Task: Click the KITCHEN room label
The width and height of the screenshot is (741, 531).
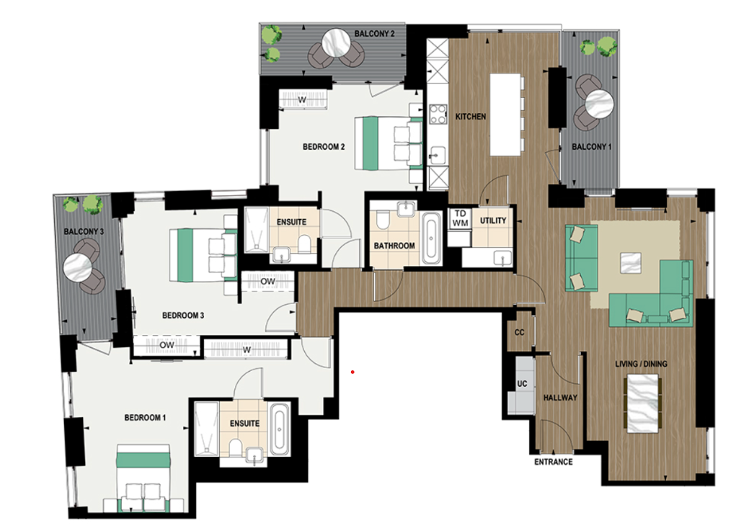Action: pos(470,116)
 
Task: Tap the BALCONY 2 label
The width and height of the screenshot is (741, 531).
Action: pos(374,34)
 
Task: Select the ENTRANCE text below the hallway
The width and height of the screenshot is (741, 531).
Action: pos(553,462)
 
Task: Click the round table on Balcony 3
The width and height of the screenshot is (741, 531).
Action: pos(77,268)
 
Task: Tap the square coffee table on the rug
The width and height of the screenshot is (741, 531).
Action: pos(631,263)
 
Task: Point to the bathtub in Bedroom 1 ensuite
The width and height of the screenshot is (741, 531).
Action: pos(280,429)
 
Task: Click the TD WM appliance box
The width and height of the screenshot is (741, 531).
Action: pos(459,218)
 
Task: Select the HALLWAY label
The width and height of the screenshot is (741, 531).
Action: pos(560,397)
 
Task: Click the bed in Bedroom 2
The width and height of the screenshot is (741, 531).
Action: pos(391,143)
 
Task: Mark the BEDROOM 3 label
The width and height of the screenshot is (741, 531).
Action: pos(183,315)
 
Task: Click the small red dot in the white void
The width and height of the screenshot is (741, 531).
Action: pos(352,372)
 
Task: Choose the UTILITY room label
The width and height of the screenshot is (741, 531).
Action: pos(493,220)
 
